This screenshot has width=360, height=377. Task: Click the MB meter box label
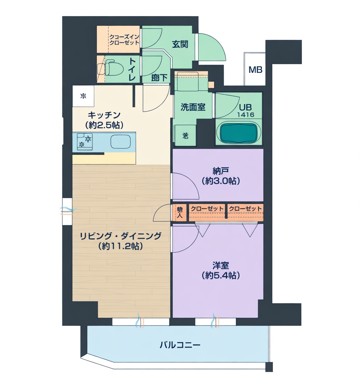[x=255, y=70]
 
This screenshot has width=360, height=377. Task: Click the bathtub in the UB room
[x=238, y=133]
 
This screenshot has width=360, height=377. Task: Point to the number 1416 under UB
[x=246, y=115]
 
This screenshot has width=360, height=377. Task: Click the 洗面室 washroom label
[x=193, y=107]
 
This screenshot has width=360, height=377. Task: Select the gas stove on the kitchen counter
[x=85, y=141]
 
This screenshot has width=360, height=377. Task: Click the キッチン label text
[x=104, y=115]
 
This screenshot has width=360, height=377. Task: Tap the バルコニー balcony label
[x=180, y=345]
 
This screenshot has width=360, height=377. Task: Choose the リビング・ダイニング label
[x=120, y=236]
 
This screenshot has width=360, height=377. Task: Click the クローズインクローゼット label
[x=124, y=40]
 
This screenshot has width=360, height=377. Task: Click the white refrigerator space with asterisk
[x=83, y=96]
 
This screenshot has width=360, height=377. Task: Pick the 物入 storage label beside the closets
[x=180, y=212]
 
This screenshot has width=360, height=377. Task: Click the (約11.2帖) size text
[x=120, y=246]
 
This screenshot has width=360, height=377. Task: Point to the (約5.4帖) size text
[x=221, y=275]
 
